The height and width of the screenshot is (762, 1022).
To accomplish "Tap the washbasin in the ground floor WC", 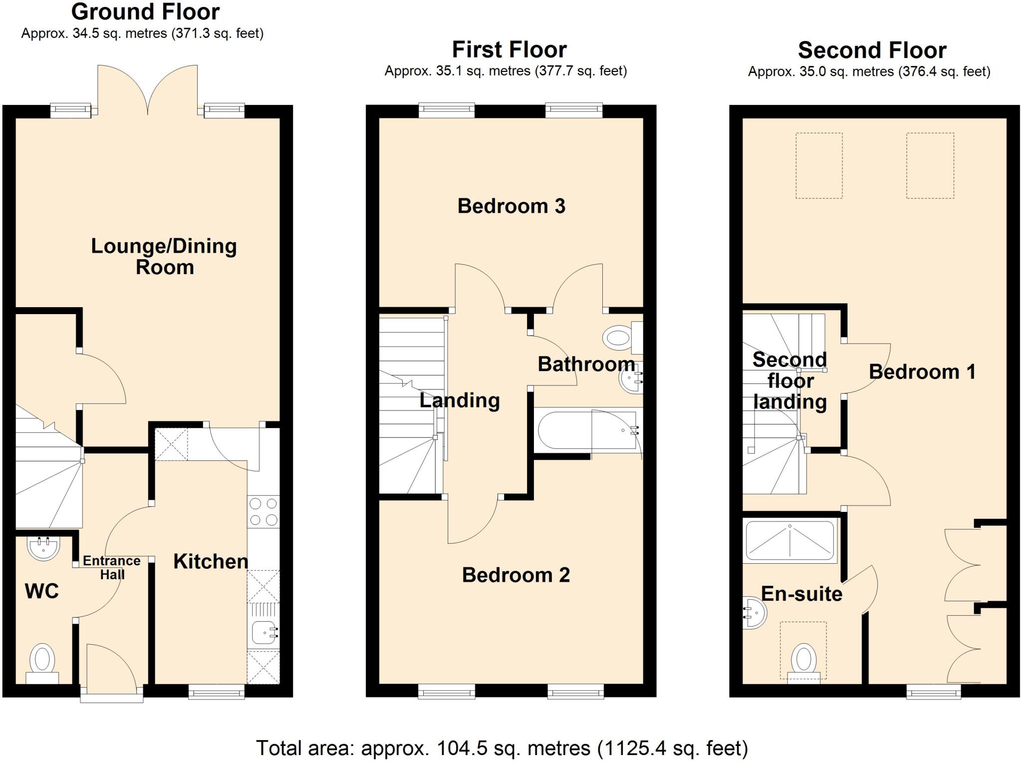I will click(x=43, y=548).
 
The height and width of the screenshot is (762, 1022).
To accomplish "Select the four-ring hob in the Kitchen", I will click(x=263, y=512).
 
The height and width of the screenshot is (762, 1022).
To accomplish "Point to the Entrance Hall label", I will click(x=111, y=568).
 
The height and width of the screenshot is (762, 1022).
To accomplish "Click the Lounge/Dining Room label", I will click(x=164, y=257).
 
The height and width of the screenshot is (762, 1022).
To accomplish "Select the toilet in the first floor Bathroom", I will click(x=621, y=337).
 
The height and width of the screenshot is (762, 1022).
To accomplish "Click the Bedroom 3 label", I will click(x=511, y=206).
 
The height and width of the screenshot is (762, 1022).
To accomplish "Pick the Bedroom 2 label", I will click(x=515, y=575).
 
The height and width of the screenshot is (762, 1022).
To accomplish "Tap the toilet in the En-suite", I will click(x=803, y=662).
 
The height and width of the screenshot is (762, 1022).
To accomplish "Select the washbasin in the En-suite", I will click(x=755, y=613).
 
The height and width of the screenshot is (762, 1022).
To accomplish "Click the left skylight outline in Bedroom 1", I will click(x=819, y=166).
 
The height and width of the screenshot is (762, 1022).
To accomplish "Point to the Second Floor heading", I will click(x=872, y=50).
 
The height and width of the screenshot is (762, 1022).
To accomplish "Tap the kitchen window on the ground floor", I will click(x=217, y=692).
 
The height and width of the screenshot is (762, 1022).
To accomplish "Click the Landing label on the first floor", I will click(x=459, y=400).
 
